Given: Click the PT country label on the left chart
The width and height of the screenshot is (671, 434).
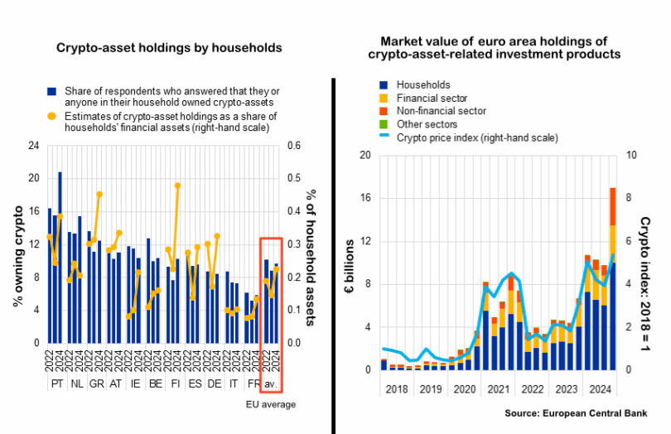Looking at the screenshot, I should tap(57, 384).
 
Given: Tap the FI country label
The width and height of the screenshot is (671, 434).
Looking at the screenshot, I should tap(174, 384).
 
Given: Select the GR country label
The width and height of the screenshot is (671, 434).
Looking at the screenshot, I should tap(97, 384).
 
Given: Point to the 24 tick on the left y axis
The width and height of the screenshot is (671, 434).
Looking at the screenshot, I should tap(34, 146).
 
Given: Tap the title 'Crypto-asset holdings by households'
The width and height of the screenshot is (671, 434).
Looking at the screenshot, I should tap(170, 48).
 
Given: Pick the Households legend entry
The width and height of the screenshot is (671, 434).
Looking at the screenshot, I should tap(423, 84).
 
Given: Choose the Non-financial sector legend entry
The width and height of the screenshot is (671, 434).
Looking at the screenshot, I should tap(441, 110).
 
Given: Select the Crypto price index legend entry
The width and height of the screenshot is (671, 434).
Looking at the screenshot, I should tap(477, 137).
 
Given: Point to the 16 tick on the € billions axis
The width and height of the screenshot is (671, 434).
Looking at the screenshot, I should tap(363, 198).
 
